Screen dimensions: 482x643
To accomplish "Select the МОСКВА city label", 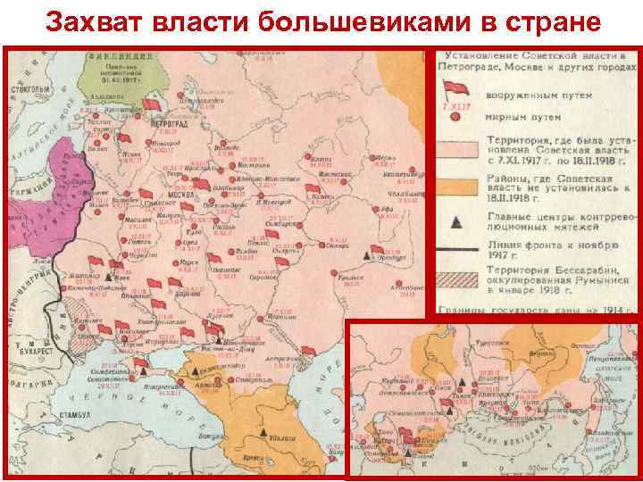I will (160, 193).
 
